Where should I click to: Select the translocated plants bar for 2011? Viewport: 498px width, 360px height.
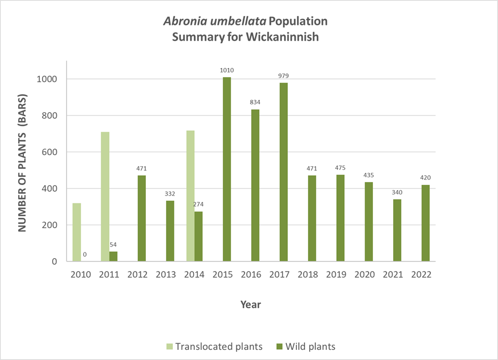(105, 197)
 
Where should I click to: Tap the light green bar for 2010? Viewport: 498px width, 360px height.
(77, 232)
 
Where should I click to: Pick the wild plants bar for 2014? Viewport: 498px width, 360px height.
(198, 236)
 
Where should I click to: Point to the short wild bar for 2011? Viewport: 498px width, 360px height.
(113, 256)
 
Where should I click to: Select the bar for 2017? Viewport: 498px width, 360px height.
(284, 172)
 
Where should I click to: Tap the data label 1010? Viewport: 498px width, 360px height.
(227, 70)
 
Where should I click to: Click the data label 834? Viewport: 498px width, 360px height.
(255, 102)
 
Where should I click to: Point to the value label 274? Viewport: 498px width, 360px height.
(199, 204)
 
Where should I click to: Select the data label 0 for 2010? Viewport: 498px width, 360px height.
(85, 255)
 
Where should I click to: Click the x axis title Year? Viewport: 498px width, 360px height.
(250, 305)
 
